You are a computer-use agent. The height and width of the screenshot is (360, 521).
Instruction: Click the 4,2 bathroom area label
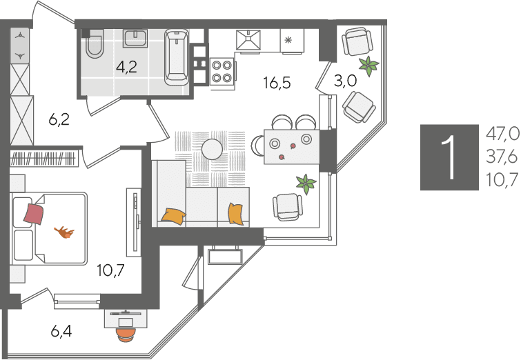[x=126, y=67]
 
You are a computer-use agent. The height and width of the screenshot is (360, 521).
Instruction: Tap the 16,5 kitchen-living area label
[x=277, y=82]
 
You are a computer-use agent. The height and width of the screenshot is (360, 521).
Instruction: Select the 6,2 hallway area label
[x=59, y=119]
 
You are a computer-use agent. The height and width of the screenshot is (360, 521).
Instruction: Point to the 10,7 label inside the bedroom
[x=111, y=270]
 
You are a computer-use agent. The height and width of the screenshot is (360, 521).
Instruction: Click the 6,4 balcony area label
[x=61, y=331]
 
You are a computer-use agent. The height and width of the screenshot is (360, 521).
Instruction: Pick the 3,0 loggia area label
[x=346, y=81]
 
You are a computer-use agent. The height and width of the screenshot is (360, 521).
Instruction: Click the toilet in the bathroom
[x=95, y=44]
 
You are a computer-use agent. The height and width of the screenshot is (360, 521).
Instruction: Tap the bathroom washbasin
[x=135, y=39]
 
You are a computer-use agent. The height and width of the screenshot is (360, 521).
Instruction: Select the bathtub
[x=177, y=57]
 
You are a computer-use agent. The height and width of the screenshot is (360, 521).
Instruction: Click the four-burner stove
[x=222, y=72]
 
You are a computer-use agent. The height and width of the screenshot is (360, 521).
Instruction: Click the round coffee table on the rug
[x=212, y=149]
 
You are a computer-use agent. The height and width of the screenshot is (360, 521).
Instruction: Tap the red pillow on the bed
[x=34, y=214]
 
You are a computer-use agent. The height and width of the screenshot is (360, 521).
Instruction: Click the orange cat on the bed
[x=64, y=232]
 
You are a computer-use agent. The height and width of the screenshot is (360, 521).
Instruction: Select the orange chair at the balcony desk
[x=126, y=334]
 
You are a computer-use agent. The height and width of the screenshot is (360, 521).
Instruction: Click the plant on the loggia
[x=368, y=66]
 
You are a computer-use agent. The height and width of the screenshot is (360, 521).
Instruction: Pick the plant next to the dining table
[x=306, y=184]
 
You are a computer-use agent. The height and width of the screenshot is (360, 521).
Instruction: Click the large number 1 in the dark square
[x=450, y=157]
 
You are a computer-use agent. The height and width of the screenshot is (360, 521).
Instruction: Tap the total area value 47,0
[x=502, y=134]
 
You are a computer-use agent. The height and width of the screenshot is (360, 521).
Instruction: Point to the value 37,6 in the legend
[x=502, y=157]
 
